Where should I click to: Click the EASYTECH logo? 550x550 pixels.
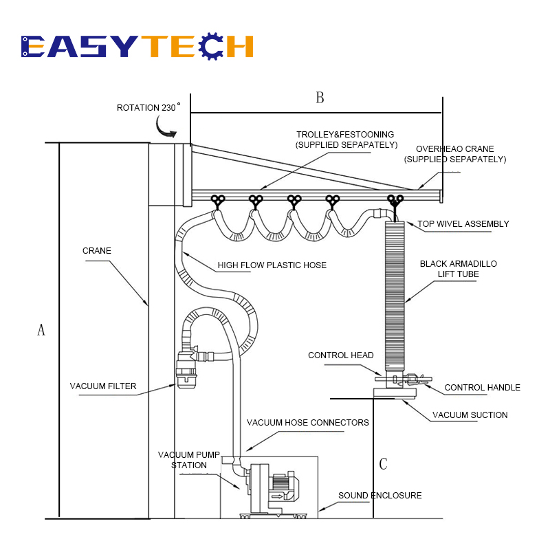pos(137,46)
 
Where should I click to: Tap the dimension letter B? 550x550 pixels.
pos(320,98)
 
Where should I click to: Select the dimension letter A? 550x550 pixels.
pos(41,330)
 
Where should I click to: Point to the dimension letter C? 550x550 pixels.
pos(383,463)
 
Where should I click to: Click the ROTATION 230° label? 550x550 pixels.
pos(148,107)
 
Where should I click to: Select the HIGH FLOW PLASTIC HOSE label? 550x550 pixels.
pos(272,265)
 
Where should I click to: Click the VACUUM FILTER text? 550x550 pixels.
pos(102,386)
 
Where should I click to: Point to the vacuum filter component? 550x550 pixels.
pos(186,368)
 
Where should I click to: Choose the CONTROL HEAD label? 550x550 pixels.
pos(340,355)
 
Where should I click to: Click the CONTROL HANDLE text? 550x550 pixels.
pos(483,388)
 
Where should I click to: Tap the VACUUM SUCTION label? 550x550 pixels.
pos(470,415)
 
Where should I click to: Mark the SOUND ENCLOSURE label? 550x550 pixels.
pos(380,496)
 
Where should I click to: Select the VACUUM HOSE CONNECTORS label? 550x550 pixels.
pos(307,423)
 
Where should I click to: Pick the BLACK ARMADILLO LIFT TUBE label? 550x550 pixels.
pos(458,269)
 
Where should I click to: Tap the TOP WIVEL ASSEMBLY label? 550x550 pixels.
pos(463,224)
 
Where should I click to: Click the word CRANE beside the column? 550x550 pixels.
pos(97,251)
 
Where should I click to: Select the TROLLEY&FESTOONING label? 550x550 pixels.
pos(346,140)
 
